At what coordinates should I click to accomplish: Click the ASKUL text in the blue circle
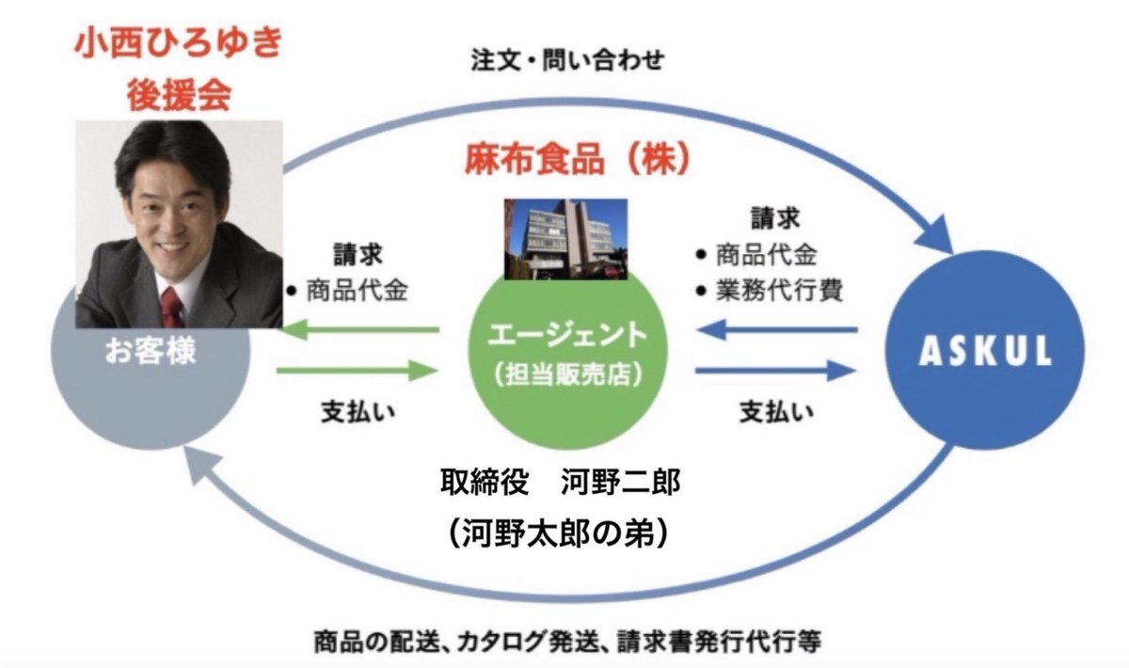pyautogui.click(x=985, y=351)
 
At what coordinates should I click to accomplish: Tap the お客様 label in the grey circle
pyautogui.click(x=151, y=351)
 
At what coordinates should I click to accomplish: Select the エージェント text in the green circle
pyautogui.click(x=567, y=335)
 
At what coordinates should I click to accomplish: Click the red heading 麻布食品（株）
pyautogui.click(x=578, y=159)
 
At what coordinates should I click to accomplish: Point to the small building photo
pyautogui.click(x=566, y=239)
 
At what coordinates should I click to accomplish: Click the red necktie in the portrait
pyautogui.click(x=172, y=308)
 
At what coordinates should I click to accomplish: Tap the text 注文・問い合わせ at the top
pyautogui.click(x=567, y=60)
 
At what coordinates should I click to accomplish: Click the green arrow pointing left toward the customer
pyautogui.click(x=359, y=330)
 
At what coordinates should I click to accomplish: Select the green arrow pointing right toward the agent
pyautogui.click(x=357, y=371)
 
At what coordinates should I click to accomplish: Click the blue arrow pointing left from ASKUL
pyautogui.click(x=777, y=330)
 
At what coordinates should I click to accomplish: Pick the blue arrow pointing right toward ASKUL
pyautogui.click(x=775, y=371)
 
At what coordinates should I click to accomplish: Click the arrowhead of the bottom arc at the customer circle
pyautogui.click(x=200, y=467)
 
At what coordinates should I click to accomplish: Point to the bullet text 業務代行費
pyautogui.click(x=779, y=292)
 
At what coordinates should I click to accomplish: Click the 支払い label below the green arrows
pyautogui.click(x=358, y=412)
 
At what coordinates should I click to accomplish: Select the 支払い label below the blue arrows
pyautogui.click(x=777, y=412)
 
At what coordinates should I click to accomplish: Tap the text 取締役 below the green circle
pyautogui.click(x=485, y=482)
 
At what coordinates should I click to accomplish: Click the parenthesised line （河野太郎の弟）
pyautogui.click(x=561, y=533)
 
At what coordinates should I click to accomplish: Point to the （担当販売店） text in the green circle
pyautogui.click(x=567, y=374)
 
